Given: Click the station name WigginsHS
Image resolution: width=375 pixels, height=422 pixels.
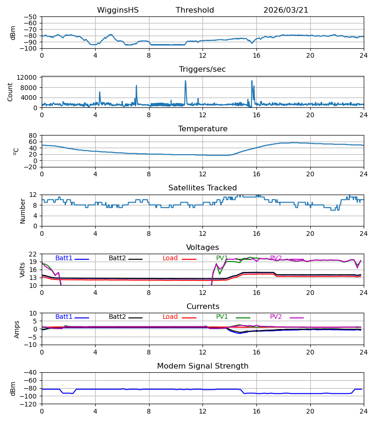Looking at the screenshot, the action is pyautogui.click(x=118, y=10).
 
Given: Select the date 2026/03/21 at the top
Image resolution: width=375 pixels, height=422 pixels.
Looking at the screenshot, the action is pyautogui.click(x=285, y=10).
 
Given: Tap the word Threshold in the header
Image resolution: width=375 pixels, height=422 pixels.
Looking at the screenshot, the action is pyautogui.click(x=195, y=10).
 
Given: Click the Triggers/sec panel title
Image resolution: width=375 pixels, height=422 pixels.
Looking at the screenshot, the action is pyautogui.click(x=202, y=69).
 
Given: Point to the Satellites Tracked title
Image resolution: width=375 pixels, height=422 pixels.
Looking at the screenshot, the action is pyautogui.click(x=202, y=188).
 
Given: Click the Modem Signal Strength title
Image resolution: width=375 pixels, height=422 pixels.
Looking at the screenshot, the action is pyautogui.click(x=202, y=366).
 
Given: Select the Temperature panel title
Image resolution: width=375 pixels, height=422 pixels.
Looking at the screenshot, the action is pyautogui.click(x=202, y=128).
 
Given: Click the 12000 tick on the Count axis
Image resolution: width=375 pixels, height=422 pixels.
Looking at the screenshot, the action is pyautogui.click(x=27, y=77).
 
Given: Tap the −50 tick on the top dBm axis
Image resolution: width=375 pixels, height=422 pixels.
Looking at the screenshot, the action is pyautogui.click(x=30, y=17).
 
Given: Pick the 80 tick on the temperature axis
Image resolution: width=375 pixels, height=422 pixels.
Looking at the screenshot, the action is pyautogui.click(x=33, y=136).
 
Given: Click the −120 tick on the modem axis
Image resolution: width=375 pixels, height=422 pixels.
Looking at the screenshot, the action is pyautogui.click(x=29, y=404).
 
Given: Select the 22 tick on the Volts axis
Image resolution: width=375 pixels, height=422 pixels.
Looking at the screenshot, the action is pyautogui.click(x=33, y=254).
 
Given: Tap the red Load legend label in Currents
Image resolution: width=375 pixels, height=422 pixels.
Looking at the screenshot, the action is pyautogui.click(x=170, y=317).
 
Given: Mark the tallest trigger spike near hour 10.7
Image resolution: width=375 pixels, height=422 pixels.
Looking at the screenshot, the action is pyautogui.click(x=185, y=81).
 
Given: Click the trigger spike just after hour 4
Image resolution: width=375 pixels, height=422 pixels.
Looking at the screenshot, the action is pyautogui.click(x=99, y=92).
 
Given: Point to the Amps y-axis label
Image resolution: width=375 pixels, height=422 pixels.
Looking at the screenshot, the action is pyautogui.click(x=17, y=329).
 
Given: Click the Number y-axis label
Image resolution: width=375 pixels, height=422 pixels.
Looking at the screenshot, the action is pyautogui.click(x=22, y=211).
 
